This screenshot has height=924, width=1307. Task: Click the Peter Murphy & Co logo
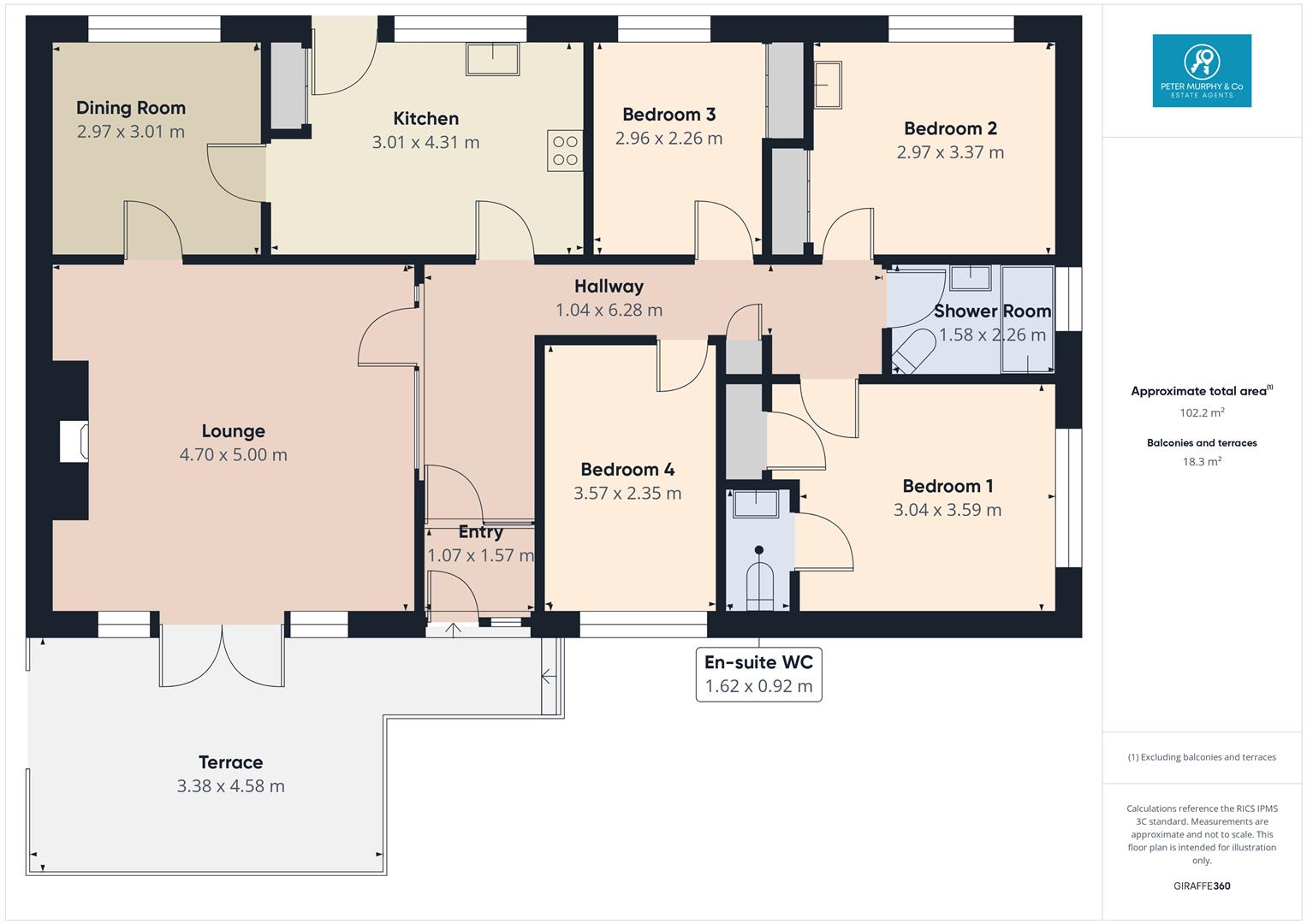tap(1202, 70)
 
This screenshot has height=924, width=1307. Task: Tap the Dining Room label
tap(131, 108)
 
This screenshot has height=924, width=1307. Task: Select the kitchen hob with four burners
tap(565, 151)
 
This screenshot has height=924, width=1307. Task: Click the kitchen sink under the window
tap(493, 59)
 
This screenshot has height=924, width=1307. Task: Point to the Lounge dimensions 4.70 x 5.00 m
tap(233, 455)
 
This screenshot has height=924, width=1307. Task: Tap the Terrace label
tap(230, 762)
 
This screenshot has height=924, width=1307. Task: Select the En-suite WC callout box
tap(758, 674)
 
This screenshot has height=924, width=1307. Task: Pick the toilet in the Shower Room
tap(913, 351)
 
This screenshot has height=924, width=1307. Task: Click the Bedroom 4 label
tap(627, 470)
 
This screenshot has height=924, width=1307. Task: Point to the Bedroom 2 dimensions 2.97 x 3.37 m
tap(950, 152)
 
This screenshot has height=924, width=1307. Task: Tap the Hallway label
tap(609, 287)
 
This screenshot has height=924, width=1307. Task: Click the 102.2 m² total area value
tap(1202, 412)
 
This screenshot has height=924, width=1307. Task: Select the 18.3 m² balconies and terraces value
tap(1202, 462)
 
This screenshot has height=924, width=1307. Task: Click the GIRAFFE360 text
tap(1202, 885)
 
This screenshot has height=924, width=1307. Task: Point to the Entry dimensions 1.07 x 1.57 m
tap(480, 555)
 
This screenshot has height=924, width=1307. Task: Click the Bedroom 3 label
tap(668, 115)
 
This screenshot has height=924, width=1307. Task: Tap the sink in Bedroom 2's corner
tap(828, 85)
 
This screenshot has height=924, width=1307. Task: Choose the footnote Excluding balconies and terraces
tap(1202, 757)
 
